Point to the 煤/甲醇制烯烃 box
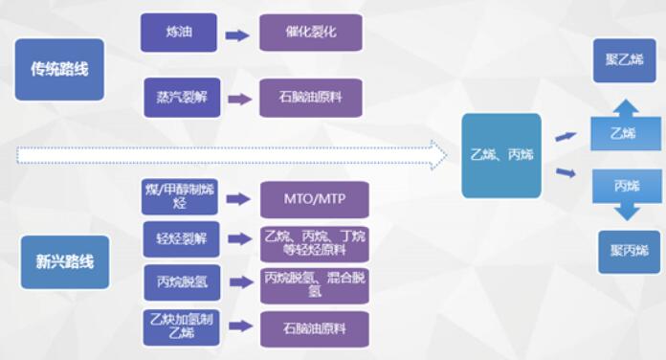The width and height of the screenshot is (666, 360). (180, 196)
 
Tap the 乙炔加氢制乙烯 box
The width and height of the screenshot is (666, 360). (180, 326)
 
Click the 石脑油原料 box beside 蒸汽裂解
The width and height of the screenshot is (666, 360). (311, 98)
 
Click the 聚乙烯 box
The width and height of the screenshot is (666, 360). (624, 60)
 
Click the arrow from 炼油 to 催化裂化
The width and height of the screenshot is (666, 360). (236, 35)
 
